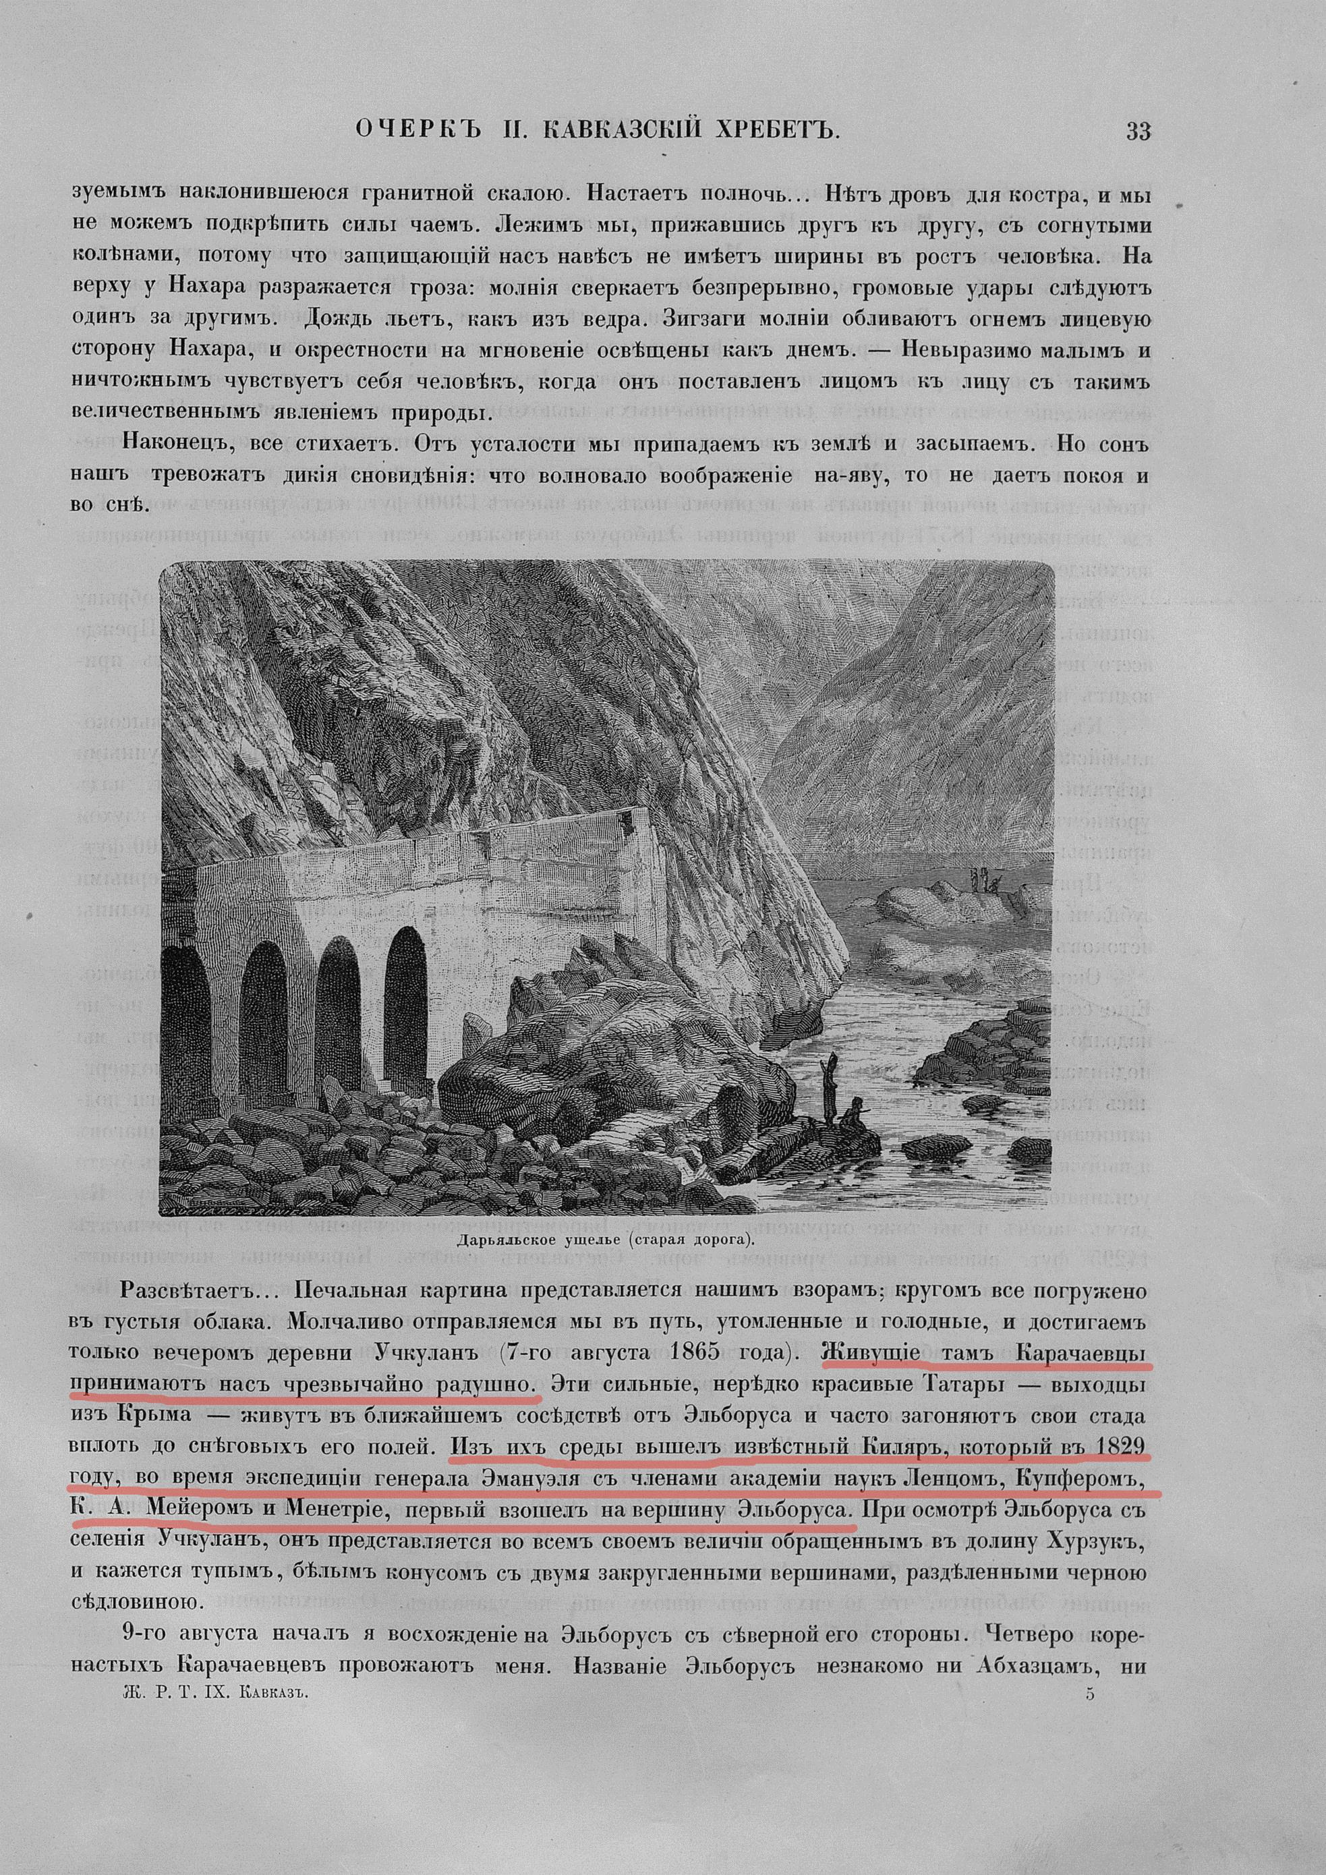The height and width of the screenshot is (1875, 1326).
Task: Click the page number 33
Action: tap(1137, 132)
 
